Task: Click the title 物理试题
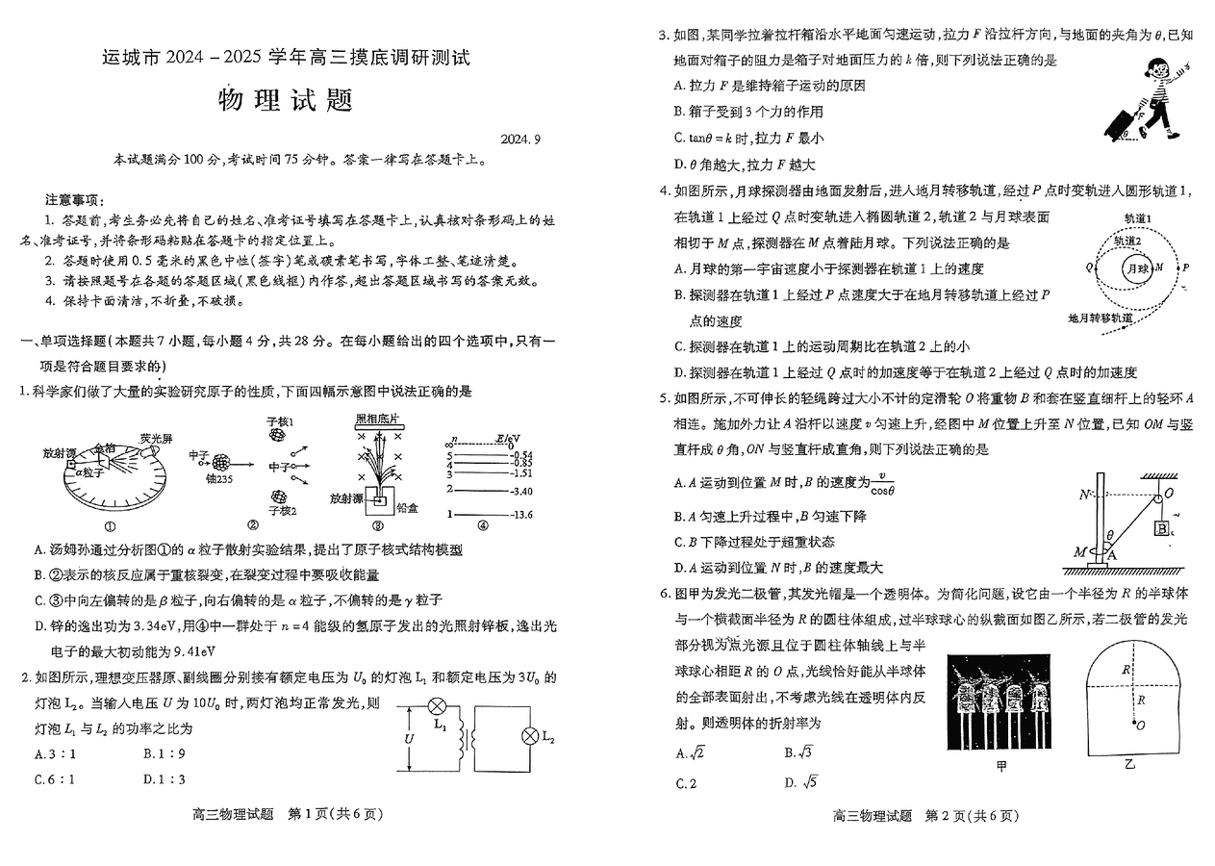coord(287,101)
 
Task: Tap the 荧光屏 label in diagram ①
coord(155,439)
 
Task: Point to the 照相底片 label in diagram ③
coord(376,420)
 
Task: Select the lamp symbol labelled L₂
coord(527,736)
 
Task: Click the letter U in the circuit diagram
coord(410,738)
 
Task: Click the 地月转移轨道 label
coord(1100,317)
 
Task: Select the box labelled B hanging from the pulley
coord(1162,527)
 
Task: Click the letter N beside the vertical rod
coord(1083,495)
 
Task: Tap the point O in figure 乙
coord(1141,725)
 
